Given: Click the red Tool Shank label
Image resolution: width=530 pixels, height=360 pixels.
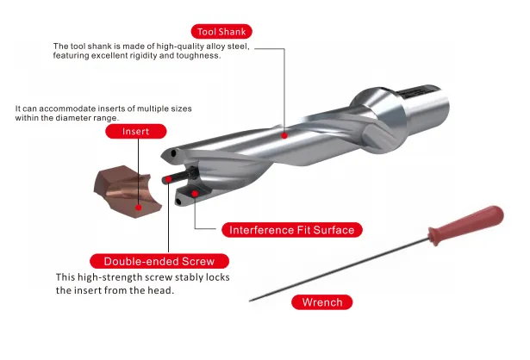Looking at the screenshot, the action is [221, 32].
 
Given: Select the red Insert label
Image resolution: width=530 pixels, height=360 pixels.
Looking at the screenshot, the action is [136, 132].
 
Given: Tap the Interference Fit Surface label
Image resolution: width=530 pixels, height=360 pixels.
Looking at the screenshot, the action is [292, 230].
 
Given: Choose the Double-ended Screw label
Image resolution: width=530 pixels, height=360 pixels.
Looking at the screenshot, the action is [159, 262].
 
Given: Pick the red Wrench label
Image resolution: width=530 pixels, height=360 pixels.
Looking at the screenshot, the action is [322, 302].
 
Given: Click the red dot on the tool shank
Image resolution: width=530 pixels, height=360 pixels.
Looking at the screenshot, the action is [284, 136].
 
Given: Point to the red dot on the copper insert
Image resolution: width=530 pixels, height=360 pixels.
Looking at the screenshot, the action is [138, 208].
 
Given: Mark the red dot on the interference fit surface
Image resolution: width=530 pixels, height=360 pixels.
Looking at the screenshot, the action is [195, 194].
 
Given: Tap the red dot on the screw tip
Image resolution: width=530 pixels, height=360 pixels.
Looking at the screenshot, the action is [168, 179].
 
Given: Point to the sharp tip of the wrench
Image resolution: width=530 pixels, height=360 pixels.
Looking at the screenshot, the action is [250, 301].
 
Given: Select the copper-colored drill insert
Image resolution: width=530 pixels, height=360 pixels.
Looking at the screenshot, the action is [128, 191].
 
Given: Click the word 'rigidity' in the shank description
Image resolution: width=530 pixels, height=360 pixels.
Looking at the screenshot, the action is [145, 55].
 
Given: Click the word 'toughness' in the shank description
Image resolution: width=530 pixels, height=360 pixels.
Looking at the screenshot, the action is [198, 55].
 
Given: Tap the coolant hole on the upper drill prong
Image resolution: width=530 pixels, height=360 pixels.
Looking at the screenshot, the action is [173, 153].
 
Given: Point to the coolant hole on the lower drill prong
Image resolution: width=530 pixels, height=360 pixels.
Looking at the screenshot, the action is [178, 202].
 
